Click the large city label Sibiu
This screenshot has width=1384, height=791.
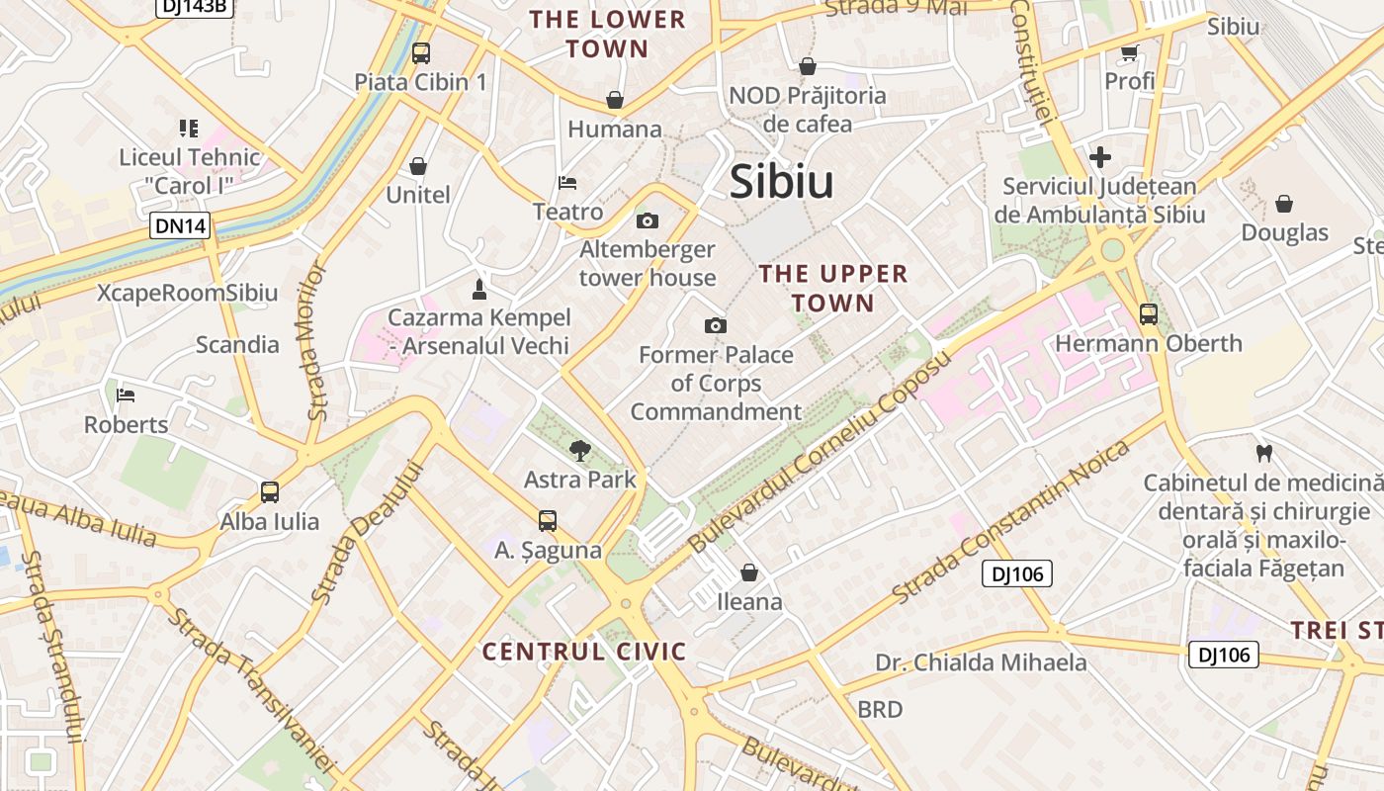[x=781, y=182]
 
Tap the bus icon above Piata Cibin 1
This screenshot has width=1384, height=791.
[x=421, y=53]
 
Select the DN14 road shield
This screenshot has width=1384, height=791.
[x=181, y=225]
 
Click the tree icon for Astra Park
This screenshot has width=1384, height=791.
[x=579, y=451]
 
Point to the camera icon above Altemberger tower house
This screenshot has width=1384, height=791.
[x=648, y=220]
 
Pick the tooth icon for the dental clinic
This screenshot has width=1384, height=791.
[x=1262, y=454]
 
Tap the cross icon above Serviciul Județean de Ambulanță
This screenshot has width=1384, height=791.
[x=1099, y=157]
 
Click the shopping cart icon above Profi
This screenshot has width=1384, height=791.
[x=1129, y=52]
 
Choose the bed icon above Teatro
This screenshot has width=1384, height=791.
[x=567, y=183]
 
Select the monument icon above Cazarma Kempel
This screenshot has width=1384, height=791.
[x=479, y=289]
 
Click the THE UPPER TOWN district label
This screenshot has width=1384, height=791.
[x=833, y=288]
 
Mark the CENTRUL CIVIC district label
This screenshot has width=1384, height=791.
[x=583, y=652]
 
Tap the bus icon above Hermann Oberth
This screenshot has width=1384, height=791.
[x=1148, y=314]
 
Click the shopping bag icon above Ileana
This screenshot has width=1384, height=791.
[x=749, y=572]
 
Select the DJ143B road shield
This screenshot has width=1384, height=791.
[x=194, y=7]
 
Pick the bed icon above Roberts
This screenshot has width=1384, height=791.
[x=126, y=395]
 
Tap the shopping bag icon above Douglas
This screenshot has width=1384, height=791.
[x=1284, y=204]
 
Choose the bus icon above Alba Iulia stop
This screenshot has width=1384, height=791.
[x=270, y=491]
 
